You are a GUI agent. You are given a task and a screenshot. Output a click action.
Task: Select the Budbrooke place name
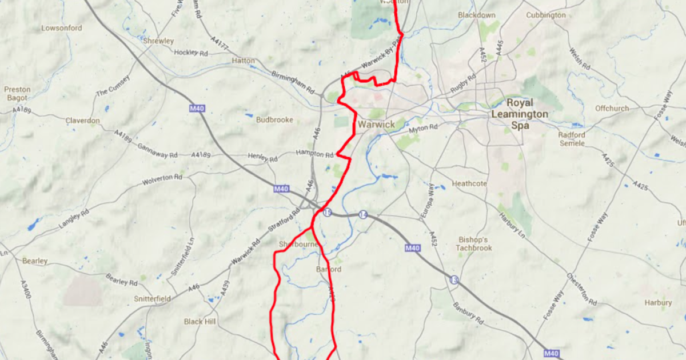coord(274,120)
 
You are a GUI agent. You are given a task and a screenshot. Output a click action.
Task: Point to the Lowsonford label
coord(62,28)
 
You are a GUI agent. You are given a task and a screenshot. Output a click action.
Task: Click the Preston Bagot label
coord(17,94)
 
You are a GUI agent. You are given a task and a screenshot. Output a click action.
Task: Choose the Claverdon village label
coord(82,121)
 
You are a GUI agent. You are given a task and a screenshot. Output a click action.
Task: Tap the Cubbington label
coord(545,15)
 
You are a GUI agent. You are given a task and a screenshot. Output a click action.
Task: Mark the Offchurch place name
coord(612,108)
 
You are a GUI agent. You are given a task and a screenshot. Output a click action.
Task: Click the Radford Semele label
coord(572,139)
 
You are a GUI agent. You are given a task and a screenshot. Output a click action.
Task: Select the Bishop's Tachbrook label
coord(474,243)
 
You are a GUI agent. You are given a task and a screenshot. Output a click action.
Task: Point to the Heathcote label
coord(469,184)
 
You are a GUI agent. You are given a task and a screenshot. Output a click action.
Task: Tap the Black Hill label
coord(200,322)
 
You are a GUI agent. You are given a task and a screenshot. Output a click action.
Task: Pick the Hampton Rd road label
coord(314,154)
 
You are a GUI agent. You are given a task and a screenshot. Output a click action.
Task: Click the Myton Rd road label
coord(423,129)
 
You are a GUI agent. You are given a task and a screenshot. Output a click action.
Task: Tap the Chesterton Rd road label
coord(582,289)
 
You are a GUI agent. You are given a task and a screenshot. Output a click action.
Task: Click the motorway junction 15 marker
coord(327,213)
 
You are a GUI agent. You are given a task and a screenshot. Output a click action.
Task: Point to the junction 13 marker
coord(454,279)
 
